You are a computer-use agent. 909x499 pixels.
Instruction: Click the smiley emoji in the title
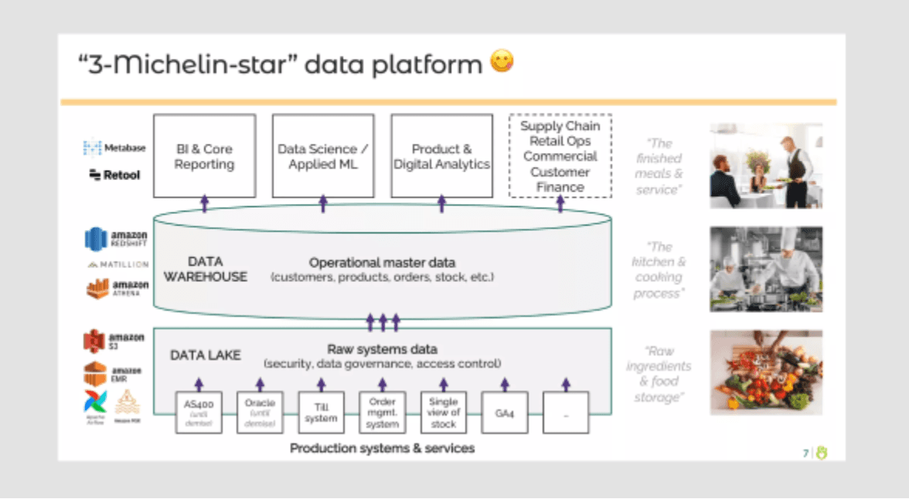[x=502, y=63]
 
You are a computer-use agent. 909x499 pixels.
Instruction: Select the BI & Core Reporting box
[x=204, y=156]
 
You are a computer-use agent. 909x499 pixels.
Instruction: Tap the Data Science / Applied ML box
[x=323, y=156]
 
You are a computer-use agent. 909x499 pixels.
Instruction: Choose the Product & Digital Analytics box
[x=441, y=156]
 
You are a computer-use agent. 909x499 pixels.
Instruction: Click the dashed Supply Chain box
[x=560, y=156]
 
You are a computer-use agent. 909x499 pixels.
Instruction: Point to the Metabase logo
[x=114, y=148]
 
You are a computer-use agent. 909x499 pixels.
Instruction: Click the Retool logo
[x=114, y=175]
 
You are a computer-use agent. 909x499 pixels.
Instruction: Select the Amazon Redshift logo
[x=116, y=239]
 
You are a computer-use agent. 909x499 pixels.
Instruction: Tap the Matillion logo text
[x=117, y=264]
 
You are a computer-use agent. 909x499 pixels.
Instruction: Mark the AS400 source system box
[x=199, y=412]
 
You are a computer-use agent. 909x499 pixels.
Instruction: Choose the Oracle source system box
[x=260, y=412]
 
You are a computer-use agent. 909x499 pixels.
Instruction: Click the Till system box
[x=321, y=412]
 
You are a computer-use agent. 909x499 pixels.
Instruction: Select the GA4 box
[x=505, y=412]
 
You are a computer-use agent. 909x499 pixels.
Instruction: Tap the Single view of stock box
[x=444, y=412]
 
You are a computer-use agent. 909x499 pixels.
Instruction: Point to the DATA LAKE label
[x=206, y=355]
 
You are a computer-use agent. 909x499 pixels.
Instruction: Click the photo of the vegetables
[x=766, y=373]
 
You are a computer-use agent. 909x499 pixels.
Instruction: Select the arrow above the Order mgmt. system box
[x=383, y=384]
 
